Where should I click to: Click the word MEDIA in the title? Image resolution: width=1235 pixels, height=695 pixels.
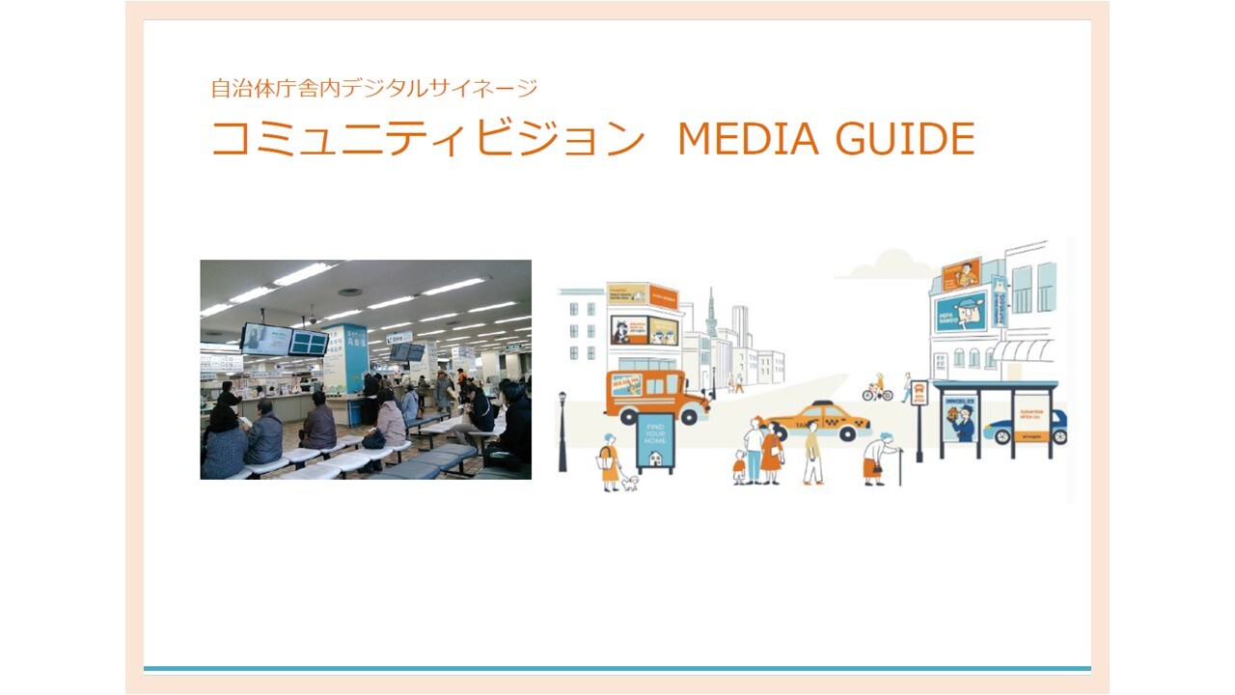(x=749, y=138)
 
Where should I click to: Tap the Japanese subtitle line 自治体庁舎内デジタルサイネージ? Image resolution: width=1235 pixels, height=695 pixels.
(x=374, y=89)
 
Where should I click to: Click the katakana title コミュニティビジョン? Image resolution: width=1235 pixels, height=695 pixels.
(x=427, y=139)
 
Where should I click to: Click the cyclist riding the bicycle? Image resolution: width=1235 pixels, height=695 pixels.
(x=878, y=387)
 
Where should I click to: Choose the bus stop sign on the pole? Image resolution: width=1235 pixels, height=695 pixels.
(x=919, y=392)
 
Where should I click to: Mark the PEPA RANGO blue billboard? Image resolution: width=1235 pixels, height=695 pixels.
(x=961, y=311)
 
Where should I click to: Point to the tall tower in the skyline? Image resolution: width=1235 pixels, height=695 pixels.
(x=711, y=319)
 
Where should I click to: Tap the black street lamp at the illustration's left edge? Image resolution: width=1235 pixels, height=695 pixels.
(x=563, y=430)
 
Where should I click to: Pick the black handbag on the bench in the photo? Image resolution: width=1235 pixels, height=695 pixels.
(x=373, y=439)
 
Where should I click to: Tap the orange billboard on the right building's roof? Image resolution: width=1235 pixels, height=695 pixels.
(x=961, y=274)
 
